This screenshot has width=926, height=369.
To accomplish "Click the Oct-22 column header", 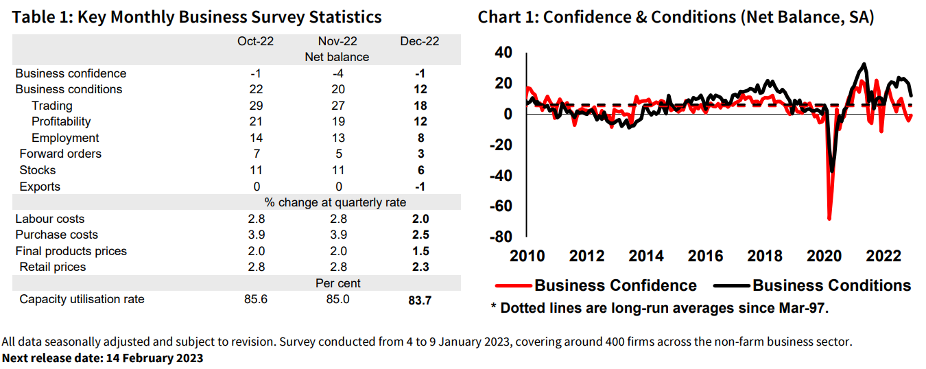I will tap(255, 41).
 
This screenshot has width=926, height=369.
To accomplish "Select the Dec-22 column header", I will tap(420, 41).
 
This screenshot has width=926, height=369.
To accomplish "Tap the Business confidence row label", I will tap(71, 73).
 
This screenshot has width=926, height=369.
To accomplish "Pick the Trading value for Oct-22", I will tap(255, 106).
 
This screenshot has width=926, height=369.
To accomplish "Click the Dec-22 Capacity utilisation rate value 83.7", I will tap(420, 300).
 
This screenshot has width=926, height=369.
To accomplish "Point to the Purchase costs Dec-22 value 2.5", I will tap(420, 235).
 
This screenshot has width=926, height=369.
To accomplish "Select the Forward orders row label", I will tap(60, 154).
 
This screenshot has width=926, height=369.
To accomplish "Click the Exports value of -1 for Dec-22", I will tap(420, 187).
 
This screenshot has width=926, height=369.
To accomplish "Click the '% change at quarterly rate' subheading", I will tap(335, 202).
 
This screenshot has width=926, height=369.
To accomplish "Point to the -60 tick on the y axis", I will tap(502, 206).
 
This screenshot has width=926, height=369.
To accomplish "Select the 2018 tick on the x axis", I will tap(764, 256).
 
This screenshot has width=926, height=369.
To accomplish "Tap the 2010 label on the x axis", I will tap(527, 256).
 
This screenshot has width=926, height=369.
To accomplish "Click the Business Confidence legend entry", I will tap(615, 285).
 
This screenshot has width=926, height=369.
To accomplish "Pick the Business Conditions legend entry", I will tap(831, 285).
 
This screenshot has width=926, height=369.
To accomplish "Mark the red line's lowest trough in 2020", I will tap(829, 219).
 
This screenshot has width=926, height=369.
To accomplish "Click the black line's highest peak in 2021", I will tap(864, 64).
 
